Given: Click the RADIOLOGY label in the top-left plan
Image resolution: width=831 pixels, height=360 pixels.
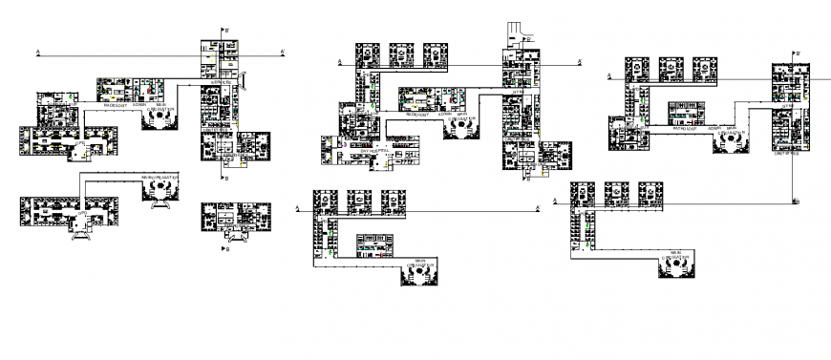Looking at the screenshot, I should pyautogui.click(x=117, y=105).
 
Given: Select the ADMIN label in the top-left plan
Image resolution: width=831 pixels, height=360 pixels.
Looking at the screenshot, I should pyautogui.click(x=140, y=105).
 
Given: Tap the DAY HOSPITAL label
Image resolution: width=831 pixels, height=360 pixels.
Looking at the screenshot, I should pyautogui.click(x=374, y=151).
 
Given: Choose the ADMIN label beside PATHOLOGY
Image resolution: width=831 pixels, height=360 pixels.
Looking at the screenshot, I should pyautogui.click(x=713, y=127).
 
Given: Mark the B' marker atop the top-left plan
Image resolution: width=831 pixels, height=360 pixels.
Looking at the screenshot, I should pyautogui.click(x=226, y=32).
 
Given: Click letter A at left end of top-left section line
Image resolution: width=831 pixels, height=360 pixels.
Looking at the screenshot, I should pyautogui.click(x=37, y=51).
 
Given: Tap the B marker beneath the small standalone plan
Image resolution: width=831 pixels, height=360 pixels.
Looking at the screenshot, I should pyautogui.click(x=225, y=248).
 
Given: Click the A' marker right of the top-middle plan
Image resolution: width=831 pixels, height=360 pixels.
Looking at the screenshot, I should pyautogui.click(x=581, y=63).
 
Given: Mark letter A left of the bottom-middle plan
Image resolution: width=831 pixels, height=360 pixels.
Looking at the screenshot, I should pyautogui.click(x=301, y=217).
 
